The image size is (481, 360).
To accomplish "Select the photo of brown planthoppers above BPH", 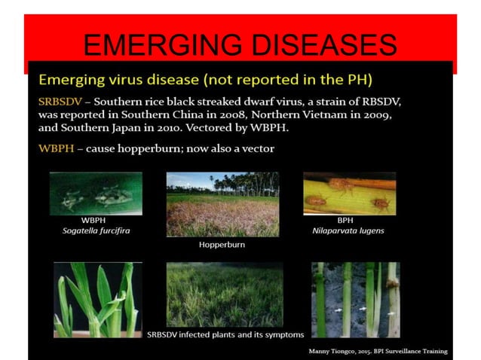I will click(x=349, y=193).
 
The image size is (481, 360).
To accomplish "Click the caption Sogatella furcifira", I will click(x=96, y=230).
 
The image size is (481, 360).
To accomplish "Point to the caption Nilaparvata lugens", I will click(x=348, y=230).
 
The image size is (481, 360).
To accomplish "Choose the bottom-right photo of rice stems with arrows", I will click(x=355, y=299).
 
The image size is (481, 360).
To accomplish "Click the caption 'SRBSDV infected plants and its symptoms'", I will click(x=225, y=334).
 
